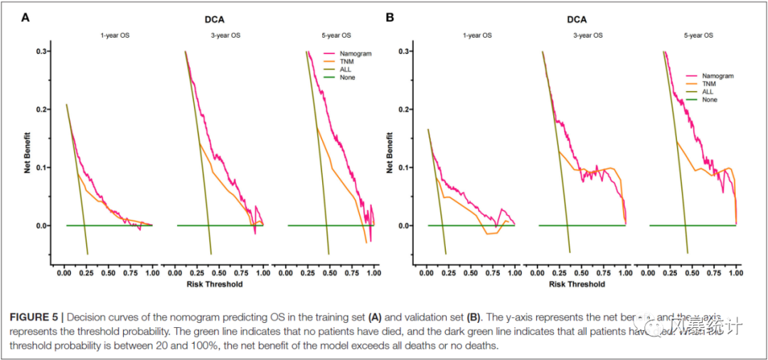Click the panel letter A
(26, 17)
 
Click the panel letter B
(390, 17)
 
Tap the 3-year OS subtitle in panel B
(587, 35)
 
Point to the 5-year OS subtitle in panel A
(336, 35)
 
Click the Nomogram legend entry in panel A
(357, 53)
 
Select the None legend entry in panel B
(710, 100)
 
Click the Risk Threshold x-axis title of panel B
(577, 284)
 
